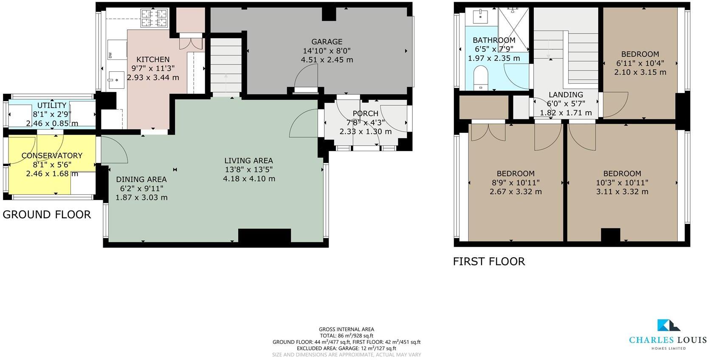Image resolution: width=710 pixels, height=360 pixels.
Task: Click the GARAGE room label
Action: click(327, 42)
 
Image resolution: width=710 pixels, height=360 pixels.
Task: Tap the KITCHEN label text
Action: click(153, 59)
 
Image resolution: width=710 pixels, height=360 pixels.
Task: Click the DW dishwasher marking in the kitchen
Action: click(110, 55)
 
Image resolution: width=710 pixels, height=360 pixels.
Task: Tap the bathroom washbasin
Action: click(481, 17)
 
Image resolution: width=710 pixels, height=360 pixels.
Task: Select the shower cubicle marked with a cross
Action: click(513, 23)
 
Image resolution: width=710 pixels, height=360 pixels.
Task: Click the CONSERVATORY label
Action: click(52, 155)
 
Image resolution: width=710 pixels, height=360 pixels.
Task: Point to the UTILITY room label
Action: click(52, 105)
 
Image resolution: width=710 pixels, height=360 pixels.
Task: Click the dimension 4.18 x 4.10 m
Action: click(249, 179)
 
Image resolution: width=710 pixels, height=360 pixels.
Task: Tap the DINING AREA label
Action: click(141, 179)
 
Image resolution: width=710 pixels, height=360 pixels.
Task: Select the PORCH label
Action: click(365, 113)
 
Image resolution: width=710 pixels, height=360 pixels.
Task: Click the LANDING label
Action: click(565, 95)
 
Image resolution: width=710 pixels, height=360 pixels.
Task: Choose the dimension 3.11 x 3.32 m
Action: click(622, 191)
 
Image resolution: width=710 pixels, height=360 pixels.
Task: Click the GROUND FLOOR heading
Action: click(47, 214)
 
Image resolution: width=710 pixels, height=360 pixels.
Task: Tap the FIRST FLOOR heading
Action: click(489, 261)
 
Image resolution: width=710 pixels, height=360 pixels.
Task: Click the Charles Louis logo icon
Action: click(668, 325)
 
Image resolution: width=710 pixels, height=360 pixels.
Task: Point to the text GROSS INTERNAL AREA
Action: click(347, 329)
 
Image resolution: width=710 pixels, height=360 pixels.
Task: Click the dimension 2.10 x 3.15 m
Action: click(640, 72)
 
